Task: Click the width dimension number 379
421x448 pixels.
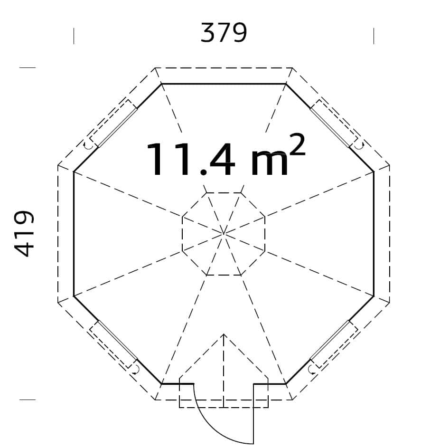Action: click(x=224, y=33)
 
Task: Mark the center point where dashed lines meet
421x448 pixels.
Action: click(x=224, y=234)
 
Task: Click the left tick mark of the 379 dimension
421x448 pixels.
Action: click(x=74, y=36)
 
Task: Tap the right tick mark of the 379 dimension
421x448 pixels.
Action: click(x=374, y=36)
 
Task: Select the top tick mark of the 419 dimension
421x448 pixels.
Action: click(x=27, y=67)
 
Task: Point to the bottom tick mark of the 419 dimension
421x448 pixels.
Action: click(x=27, y=400)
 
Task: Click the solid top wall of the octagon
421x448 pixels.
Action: click(x=224, y=84)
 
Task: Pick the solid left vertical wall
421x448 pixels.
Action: click(x=74, y=234)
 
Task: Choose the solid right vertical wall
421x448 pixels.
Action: click(x=374, y=234)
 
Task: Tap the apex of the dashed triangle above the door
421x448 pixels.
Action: click(x=224, y=334)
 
